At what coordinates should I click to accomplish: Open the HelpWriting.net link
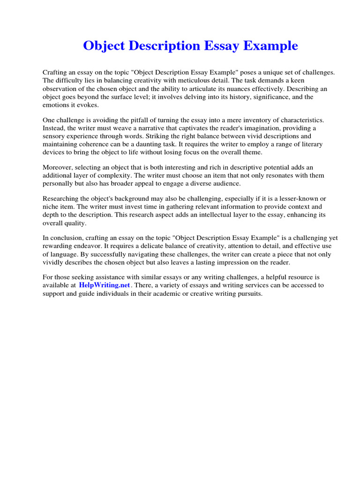pos(105,285)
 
